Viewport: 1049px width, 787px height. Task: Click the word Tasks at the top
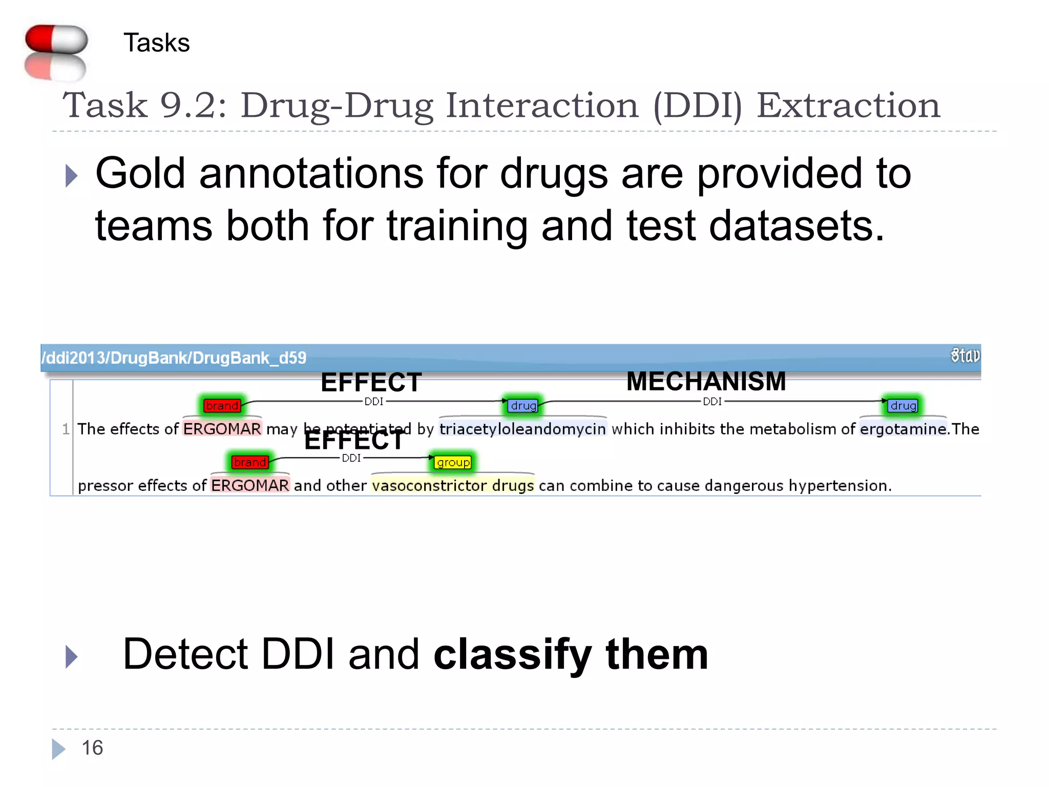(156, 43)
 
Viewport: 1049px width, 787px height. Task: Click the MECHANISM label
(706, 382)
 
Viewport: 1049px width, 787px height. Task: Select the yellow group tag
(453, 463)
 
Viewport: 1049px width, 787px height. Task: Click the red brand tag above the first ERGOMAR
(222, 406)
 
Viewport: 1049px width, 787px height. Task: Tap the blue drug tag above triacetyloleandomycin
(523, 406)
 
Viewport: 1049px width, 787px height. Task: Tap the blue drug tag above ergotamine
(903, 406)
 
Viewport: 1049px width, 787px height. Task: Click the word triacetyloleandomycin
(522, 429)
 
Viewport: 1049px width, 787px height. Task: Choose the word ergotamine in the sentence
(903, 429)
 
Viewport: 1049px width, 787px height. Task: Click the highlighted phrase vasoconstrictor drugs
(453, 486)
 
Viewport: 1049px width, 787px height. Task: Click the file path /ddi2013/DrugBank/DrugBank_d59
(174, 358)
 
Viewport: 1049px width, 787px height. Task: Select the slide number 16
(92, 748)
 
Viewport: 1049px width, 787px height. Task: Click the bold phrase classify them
(571, 655)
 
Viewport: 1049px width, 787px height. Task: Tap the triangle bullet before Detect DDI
(71, 656)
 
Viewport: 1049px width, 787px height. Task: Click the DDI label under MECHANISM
(712, 402)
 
